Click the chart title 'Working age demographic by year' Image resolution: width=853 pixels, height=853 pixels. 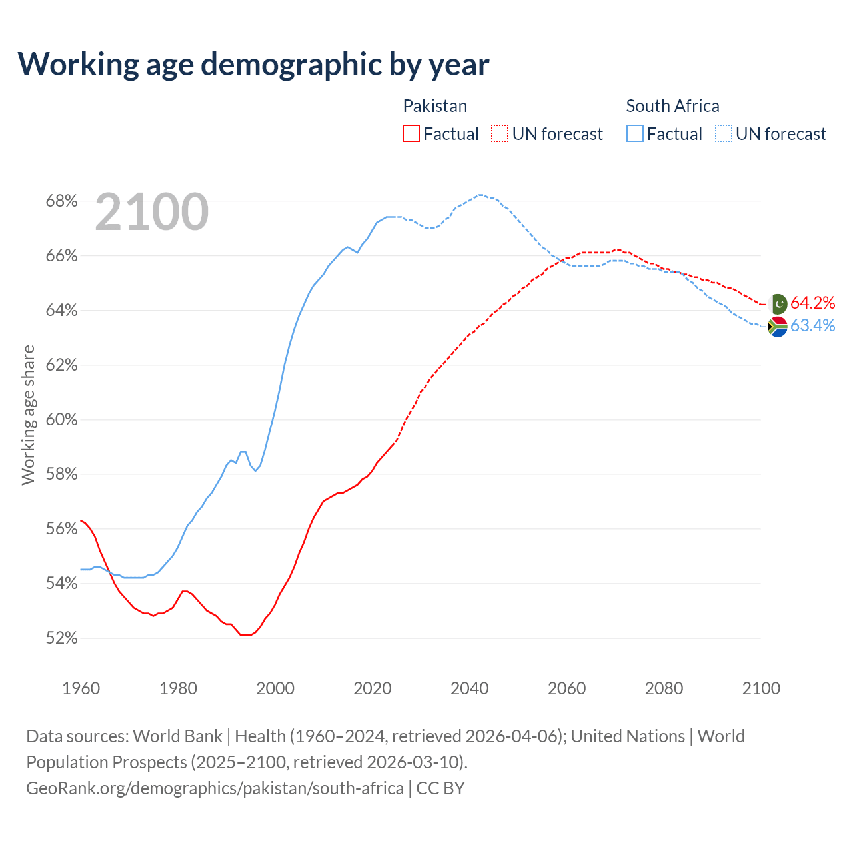253,64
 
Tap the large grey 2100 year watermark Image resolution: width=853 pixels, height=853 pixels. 152,212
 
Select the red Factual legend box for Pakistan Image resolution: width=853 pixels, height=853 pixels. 411,134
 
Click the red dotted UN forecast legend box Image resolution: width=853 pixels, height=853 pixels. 500,134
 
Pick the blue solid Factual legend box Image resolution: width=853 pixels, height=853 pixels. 635,134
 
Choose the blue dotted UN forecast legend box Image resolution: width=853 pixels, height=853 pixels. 724,134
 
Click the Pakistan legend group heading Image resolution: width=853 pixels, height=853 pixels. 435,106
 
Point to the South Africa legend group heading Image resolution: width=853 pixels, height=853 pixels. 672,106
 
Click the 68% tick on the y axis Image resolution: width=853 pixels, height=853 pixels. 61,201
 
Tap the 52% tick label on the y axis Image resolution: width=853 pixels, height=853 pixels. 61,638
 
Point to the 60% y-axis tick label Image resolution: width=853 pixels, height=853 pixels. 61,420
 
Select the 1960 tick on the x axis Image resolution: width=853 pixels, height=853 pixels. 81,688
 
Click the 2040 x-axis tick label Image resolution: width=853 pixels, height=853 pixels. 470,688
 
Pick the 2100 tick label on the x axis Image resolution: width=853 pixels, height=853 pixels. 761,688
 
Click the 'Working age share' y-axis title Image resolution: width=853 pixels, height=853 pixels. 28,415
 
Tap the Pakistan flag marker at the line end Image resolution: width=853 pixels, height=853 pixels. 778,304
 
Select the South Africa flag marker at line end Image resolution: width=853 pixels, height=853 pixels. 778,327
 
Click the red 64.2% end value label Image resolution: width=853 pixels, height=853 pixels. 813,303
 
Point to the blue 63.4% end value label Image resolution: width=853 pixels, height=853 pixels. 813,326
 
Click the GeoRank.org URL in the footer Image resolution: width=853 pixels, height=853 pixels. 215,788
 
